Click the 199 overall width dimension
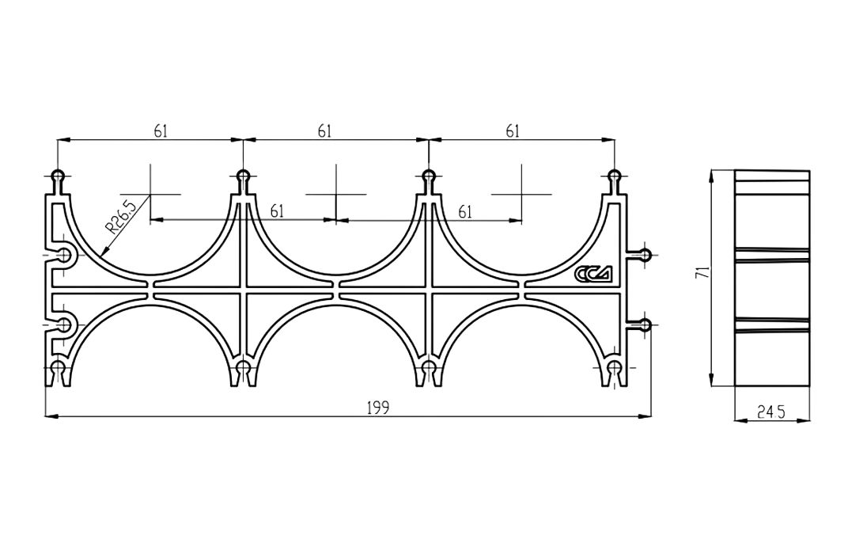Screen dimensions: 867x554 point(378,408)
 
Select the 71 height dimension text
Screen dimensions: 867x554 point(702,272)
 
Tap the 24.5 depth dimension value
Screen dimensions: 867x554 point(771,412)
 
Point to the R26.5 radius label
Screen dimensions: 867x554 point(120,218)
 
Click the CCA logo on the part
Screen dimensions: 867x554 point(594,273)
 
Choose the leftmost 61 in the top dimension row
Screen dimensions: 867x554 point(161,131)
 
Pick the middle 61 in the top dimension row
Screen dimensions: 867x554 point(324,131)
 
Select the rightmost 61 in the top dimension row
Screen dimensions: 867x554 point(513,131)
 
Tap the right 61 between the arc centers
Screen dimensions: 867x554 point(465,211)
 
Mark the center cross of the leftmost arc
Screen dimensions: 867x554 point(150,195)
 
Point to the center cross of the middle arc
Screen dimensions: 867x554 point(336,195)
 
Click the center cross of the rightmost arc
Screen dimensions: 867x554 point(522,195)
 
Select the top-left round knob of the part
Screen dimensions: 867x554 point(58,176)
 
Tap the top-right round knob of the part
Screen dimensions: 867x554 point(615,176)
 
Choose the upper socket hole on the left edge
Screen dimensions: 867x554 point(65,255)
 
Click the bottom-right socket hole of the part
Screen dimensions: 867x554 point(615,367)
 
